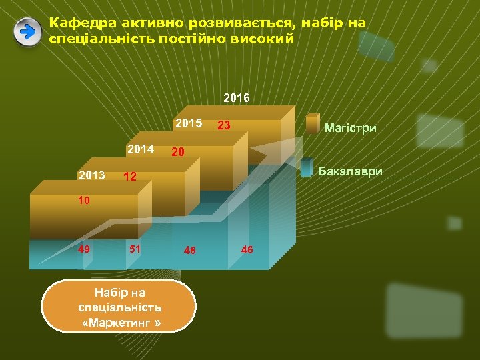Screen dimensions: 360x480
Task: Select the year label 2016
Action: pyautogui.click(x=237, y=98)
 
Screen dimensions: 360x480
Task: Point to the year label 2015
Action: pyautogui.click(x=189, y=123)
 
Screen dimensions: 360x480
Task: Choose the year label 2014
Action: pyautogui.click(x=141, y=149)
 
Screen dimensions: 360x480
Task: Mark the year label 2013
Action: pyautogui.click(x=91, y=175)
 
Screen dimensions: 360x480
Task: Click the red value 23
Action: pyautogui.click(x=224, y=125)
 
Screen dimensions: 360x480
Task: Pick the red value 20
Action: pyautogui.click(x=178, y=153)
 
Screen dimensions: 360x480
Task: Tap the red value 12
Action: pyautogui.click(x=130, y=177)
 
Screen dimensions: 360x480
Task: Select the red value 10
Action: pyautogui.click(x=83, y=200)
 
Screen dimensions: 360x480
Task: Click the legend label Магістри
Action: pyautogui.click(x=350, y=127)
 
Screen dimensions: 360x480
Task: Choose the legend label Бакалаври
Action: pyautogui.click(x=350, y=171)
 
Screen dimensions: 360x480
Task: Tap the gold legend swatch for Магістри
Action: pyautogui.click(x=313, y=125)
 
